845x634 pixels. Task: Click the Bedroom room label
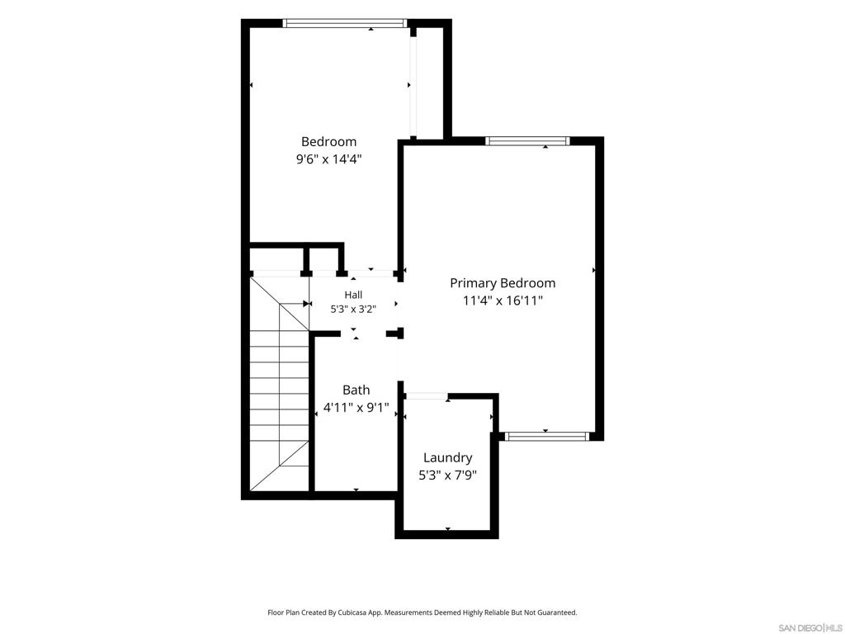tap(328, 142)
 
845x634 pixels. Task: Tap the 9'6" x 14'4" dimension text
tap(328, 159)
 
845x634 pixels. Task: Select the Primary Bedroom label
tap(503, 283)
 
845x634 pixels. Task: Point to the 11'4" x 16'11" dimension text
tap(503, 300)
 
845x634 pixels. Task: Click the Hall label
tap(353, 295)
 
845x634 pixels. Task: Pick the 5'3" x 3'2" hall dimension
tap(353, 310)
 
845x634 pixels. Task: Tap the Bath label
tap(356, 390)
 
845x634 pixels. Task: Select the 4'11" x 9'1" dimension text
tap(356, 408)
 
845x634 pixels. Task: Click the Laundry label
tap(448, 458)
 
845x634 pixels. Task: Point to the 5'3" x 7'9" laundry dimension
tap(448, 475)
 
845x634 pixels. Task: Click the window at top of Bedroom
tap(344, 23)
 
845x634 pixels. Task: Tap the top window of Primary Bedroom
tap(527, 141)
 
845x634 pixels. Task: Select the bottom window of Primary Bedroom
tap(547, 436)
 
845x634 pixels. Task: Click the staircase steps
tap(280, 383)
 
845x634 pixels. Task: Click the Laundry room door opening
tap(427, 397)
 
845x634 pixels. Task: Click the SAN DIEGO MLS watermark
tap(810, 628)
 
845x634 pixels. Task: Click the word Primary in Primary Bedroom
tap(474, 284)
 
